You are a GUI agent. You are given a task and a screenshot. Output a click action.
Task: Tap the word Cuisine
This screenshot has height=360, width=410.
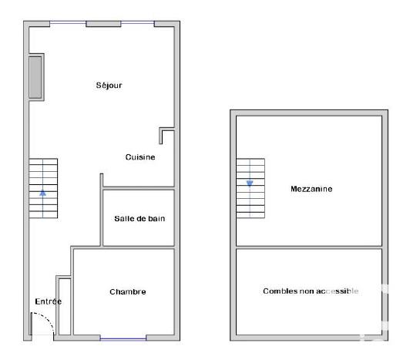140,157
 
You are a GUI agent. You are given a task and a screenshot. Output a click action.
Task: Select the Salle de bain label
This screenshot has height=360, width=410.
139,218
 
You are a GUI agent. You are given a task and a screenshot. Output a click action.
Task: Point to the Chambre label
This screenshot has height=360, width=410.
127,291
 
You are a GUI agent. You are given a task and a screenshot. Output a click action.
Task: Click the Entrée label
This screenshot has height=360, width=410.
48,301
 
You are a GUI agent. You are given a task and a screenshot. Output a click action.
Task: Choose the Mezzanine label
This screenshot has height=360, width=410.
311,189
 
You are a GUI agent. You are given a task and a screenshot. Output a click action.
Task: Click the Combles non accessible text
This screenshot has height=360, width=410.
311,291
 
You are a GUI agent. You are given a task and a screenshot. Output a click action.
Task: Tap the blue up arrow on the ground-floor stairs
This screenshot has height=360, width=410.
43,193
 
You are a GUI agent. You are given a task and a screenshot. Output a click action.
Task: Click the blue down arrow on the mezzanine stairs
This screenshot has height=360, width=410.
250,183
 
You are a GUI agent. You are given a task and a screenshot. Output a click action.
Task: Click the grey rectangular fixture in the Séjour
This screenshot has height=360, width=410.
36,77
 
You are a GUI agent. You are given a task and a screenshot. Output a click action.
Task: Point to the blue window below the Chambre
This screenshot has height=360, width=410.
123,338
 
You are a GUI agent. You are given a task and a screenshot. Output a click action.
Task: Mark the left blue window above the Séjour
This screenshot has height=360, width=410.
68,23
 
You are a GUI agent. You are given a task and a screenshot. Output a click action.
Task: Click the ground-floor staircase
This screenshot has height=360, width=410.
43,188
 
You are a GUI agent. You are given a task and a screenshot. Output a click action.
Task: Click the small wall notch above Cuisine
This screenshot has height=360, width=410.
164,136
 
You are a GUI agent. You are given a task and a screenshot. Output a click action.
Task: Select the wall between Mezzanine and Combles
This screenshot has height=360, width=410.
309,247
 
